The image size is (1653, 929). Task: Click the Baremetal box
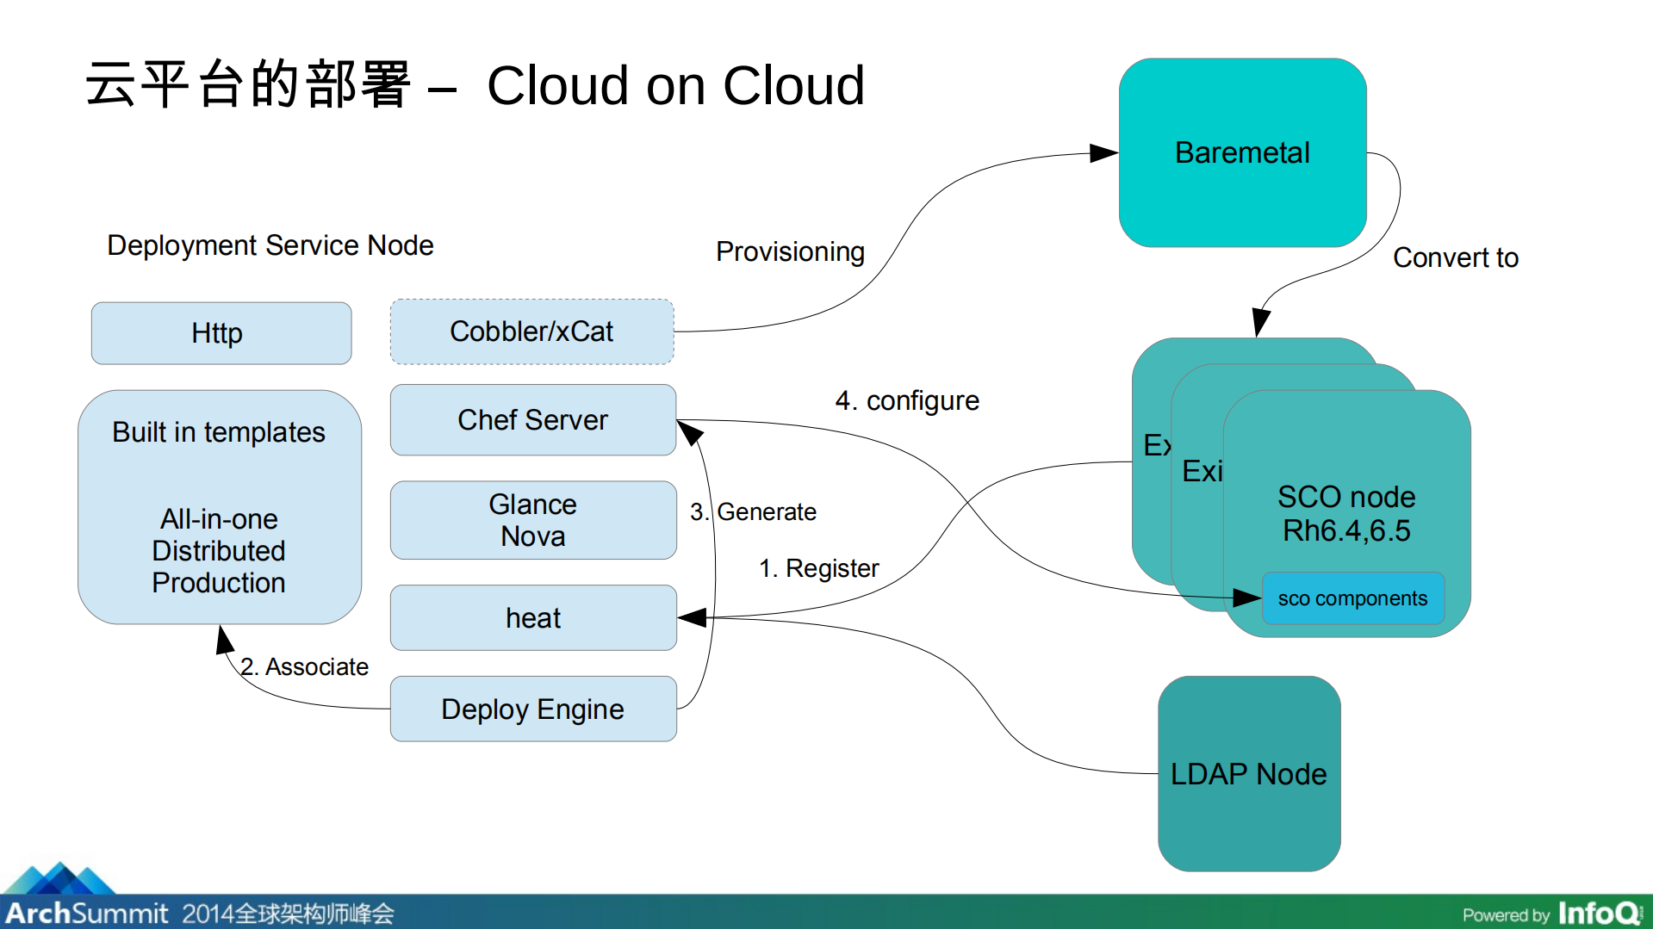coord(1241,153)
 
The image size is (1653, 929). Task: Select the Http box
coord(221,333)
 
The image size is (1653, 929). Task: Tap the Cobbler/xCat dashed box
coord(531,331)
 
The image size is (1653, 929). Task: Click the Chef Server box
coord(532,420)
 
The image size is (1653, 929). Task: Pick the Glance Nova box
coord(532,520)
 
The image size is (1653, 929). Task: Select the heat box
coord(532,618)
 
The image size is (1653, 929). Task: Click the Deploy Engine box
coord(532,709)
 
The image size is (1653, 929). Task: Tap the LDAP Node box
coord(1248,774)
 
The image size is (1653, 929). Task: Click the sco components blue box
coord(1352,598)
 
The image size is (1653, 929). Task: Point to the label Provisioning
coord(790,251)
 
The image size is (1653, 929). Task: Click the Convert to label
coord(1455,257)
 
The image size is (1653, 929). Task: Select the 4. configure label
coord(907,400)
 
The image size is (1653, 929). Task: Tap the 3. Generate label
coord(754,512)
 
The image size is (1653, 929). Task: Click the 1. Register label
coord(818,568)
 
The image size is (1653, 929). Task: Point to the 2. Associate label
coord(304,666)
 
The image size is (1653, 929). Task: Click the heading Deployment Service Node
coord(270,245)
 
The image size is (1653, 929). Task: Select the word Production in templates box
coord(219,583)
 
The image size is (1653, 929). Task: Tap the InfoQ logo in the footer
coord(1599,913)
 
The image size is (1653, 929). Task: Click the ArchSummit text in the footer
coord(86,913)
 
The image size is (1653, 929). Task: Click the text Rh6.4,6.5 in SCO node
coord(1346,530)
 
